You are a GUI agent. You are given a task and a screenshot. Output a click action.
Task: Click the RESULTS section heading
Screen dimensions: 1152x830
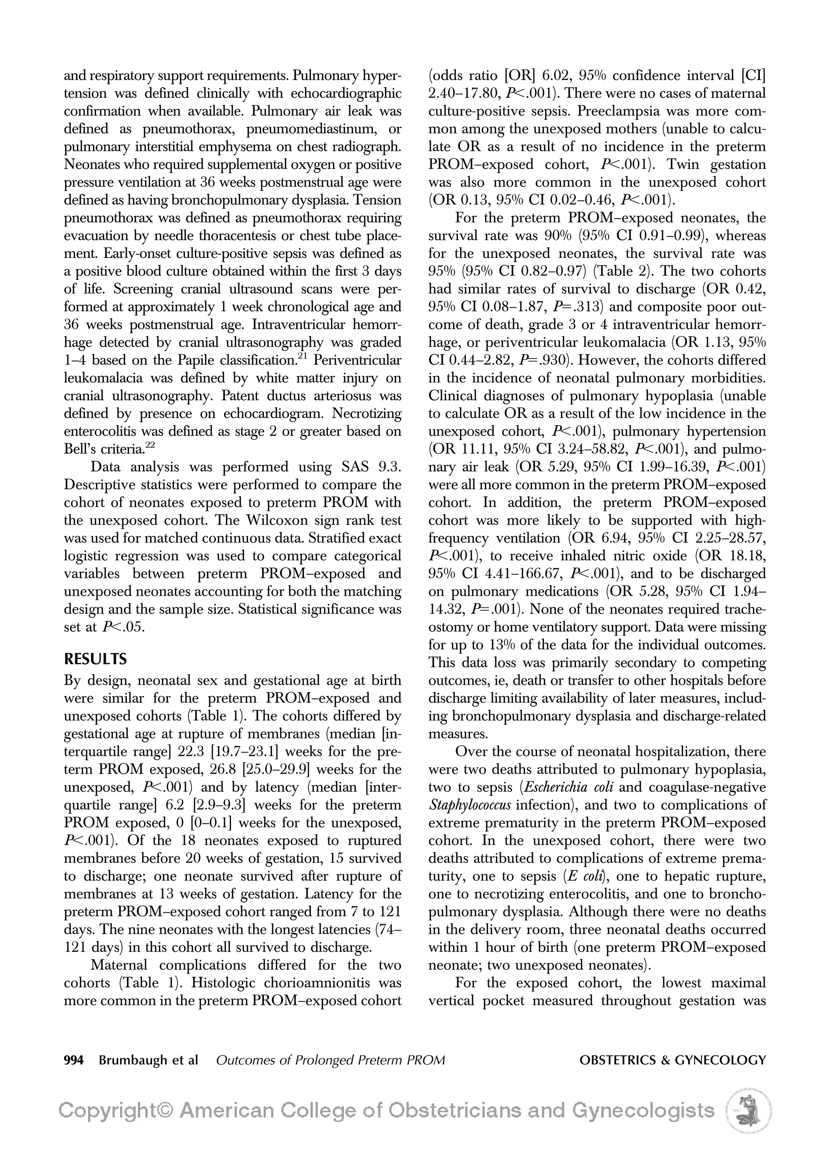pyautogui.click(x=95, y=659)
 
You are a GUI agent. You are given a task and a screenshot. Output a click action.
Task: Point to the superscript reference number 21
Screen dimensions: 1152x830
pyautogui.click(x=303, y=356)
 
